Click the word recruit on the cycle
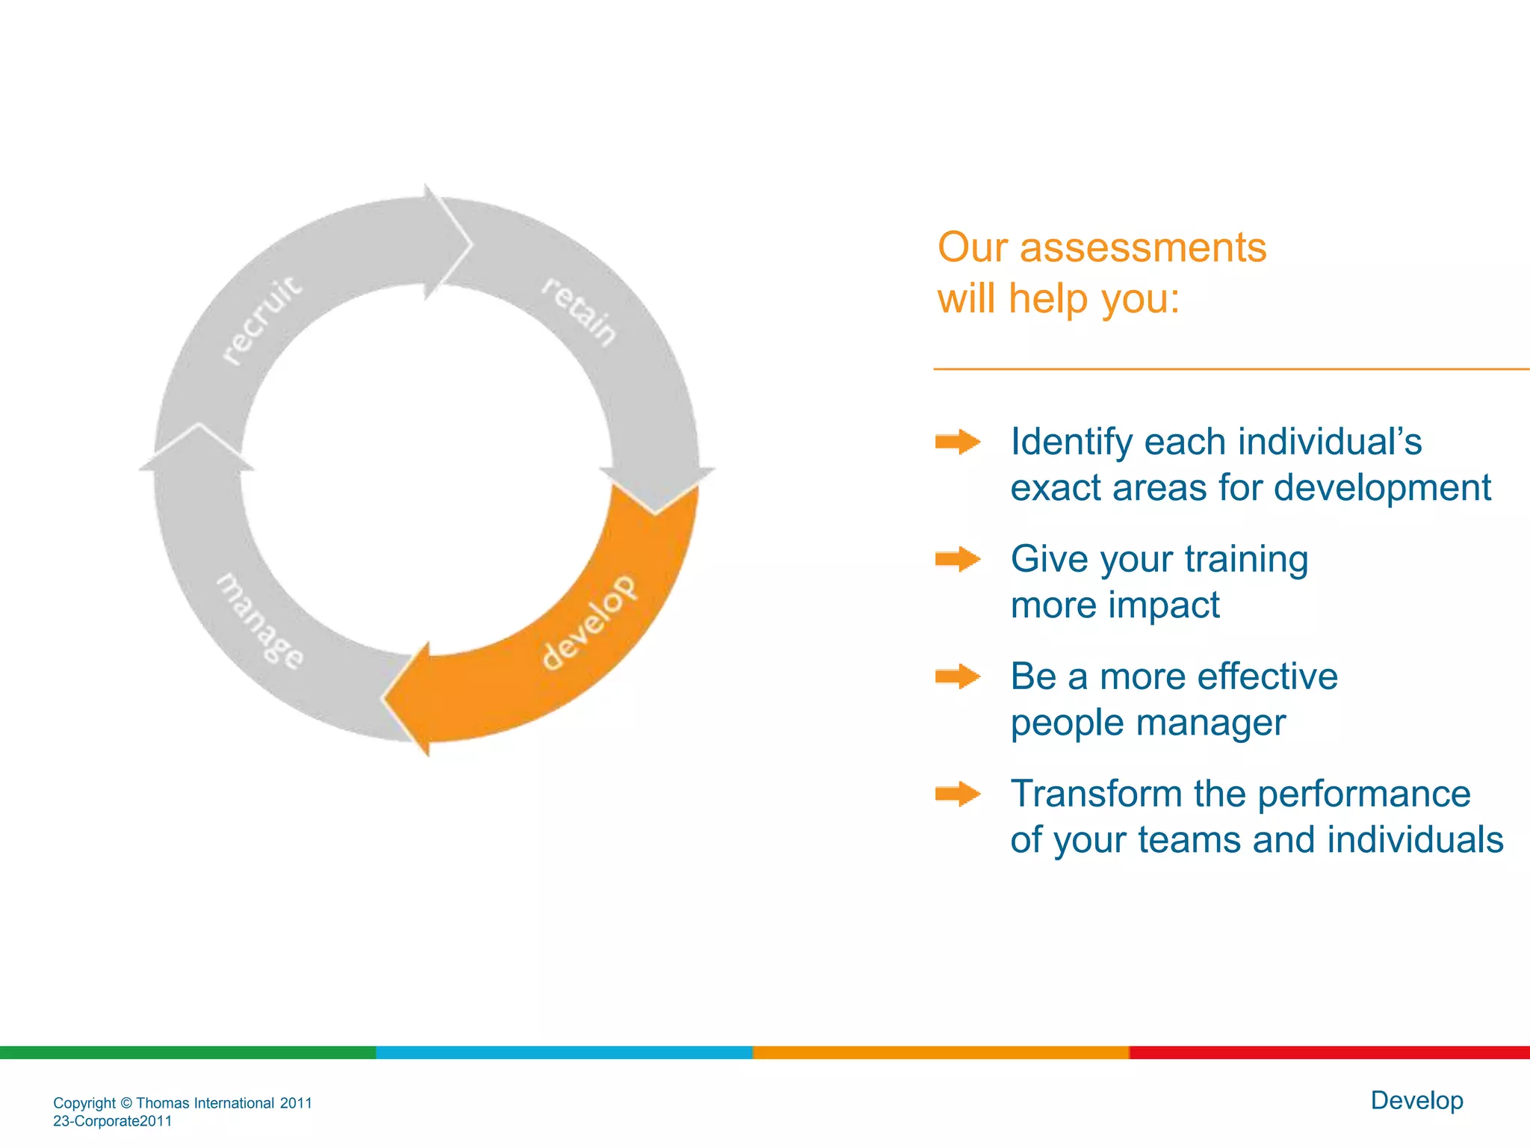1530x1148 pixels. tap(263, 319)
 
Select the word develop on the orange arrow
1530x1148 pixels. tap(589, 623)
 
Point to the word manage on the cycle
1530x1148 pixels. tap(260, 621)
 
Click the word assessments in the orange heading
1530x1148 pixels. tap(1142, 247)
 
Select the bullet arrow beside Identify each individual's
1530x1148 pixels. tap(958, 442)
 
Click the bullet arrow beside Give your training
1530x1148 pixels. tap(958, 559)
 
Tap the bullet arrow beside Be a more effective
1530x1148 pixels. tap(958, 676)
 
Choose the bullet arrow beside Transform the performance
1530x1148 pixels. tap(958, 794)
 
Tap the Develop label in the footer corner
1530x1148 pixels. tap(1416, 1100)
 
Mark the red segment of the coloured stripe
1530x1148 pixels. tap(1330, 1052)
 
